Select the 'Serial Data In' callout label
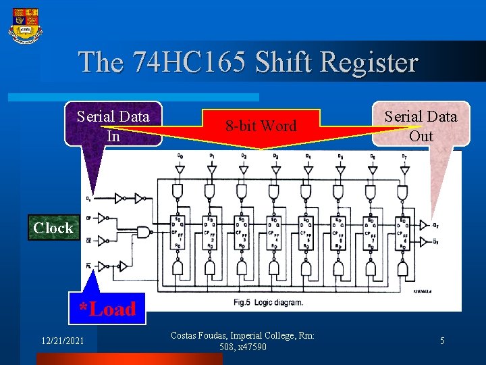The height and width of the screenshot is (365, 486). pos(113,125)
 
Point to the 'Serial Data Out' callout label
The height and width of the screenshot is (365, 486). pos(421,125)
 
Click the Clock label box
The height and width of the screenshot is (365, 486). pos(53,228)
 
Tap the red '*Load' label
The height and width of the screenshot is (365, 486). pos(107,309)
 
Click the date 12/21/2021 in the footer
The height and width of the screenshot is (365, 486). pos(63,341)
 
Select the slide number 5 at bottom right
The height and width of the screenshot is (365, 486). pos(442,341)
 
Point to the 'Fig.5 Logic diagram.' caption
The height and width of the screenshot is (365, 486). pos(276,302)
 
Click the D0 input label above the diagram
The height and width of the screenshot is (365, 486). pos(180,157)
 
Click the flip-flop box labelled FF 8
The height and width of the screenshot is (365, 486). pos(403,232)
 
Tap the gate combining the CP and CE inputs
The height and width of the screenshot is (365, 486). pos(143,231)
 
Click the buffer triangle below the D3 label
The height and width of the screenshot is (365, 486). pos(275,171)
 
